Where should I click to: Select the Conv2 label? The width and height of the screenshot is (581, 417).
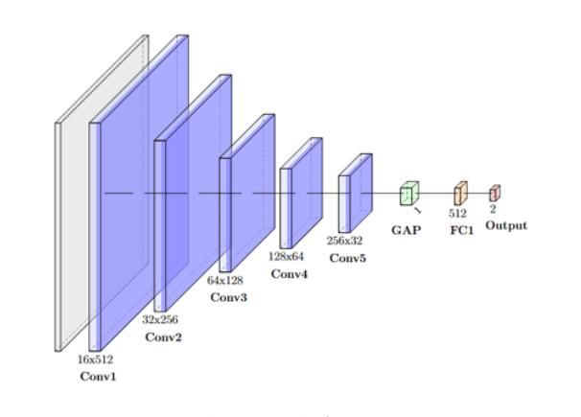tap(163, 337)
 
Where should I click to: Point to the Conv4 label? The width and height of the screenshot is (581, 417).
tap(289, 274)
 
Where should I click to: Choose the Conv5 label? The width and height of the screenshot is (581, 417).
tap(346, 258)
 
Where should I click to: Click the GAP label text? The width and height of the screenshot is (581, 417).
tap(406, 231)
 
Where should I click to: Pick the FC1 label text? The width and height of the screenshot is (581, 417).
tap(461, 231)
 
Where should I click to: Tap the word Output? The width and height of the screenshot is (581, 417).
tap(505, 226)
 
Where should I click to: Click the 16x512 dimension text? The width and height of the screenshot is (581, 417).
tap(95, 359)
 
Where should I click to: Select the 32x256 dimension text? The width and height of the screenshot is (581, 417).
tap(162, 319)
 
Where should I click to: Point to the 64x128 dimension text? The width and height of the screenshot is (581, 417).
tap(225, 281)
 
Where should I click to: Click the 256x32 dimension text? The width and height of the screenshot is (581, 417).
tap(345, 241)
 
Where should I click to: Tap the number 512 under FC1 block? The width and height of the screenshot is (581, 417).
tap(457, 214)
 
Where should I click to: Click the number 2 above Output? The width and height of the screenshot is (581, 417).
tap(494, 208)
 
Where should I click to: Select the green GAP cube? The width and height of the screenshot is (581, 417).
tap(409, 195)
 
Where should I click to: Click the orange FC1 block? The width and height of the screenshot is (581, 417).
tap(460, 193)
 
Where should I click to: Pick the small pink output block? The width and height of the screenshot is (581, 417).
tap(495, 192)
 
